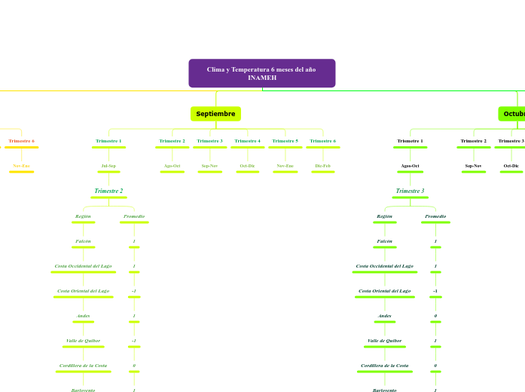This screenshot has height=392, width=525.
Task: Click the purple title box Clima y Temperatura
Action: [x=261, y=73]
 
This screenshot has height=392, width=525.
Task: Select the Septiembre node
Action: [x=215, y=114]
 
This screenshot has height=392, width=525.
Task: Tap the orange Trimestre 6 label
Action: [x=21, y=141]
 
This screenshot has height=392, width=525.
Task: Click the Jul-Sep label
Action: [x=108, y=165]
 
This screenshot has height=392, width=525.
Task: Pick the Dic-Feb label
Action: [x=322, y=165]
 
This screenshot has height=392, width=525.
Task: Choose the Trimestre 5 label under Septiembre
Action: [x=285, y=141]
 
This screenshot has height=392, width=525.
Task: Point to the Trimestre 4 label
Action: [x=247, y=141]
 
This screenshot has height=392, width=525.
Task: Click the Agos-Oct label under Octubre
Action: [x=410, y=165]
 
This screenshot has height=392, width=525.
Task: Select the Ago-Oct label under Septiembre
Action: [x=172, y=165]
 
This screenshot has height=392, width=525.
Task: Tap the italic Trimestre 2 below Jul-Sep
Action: [x=108, y=191]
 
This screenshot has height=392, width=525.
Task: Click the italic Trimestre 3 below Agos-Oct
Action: [x=410, y=191]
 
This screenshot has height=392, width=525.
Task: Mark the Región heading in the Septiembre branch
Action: [x=83, y=216]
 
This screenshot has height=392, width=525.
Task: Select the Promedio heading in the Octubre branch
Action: [x=435, y=216]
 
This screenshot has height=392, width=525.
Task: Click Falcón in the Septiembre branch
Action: [x=83, y=241]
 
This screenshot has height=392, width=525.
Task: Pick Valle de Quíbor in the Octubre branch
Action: [x=384, y=341]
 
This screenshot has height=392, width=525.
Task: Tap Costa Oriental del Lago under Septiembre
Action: [x=83, y=291]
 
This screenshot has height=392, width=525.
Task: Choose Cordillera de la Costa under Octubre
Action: [x=384, y=366]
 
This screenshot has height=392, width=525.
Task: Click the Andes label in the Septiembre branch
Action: [x=83, y=316]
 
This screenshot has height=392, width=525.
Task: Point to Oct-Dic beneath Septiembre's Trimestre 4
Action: [x=247, y=165]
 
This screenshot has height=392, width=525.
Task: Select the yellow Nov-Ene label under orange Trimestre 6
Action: [x=21, y=165]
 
